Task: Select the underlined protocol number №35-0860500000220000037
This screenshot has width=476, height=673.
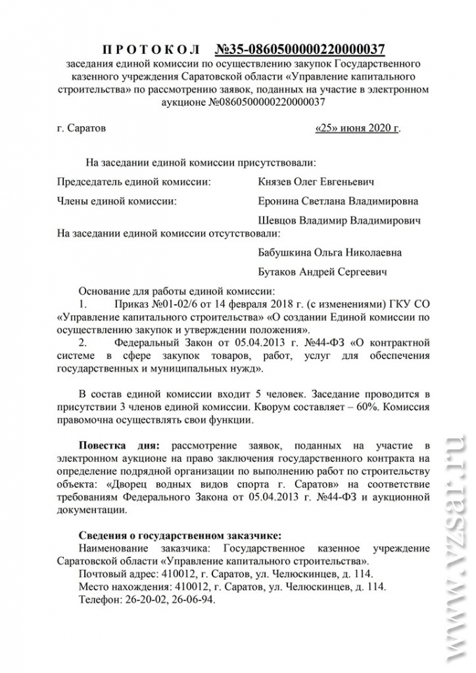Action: [299, 49]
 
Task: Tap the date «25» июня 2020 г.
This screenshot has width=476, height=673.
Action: [358, 129]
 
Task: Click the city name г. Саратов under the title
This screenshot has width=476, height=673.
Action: [81, 129]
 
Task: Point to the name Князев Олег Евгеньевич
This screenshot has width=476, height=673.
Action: [316, 182]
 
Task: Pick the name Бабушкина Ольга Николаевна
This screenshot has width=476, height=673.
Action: [330, 252]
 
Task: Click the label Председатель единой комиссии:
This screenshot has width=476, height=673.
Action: [133, 182]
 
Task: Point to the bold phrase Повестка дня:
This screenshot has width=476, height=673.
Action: [120, 445]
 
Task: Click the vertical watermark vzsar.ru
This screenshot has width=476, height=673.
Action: [454, 547]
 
